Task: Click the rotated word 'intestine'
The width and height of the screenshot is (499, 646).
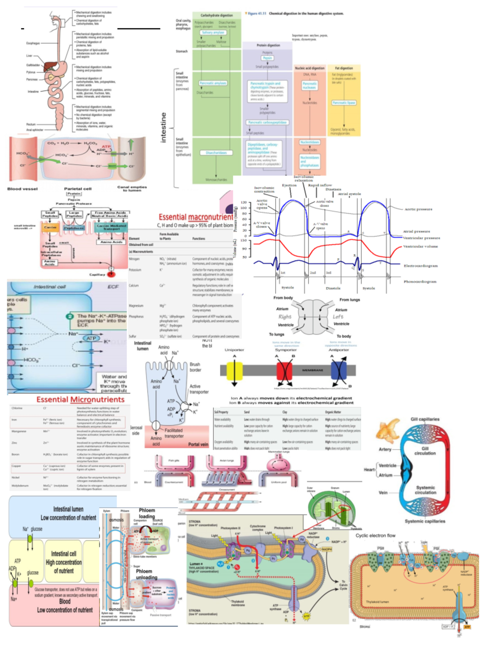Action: (x=163, y=127)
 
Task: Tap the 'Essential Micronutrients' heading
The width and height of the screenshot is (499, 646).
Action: (x=80, y=400)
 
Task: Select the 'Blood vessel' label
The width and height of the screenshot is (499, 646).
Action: (x=22, y=189)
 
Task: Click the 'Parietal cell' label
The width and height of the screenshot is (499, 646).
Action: (x=78, y=189)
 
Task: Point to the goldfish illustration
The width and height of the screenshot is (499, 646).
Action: (x=388, y=431)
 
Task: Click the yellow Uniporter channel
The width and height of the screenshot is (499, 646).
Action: (x=234, y=371)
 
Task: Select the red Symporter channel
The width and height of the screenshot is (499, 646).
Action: (x=284, y=371)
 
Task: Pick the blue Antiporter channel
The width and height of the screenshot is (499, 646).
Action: (x=338, y=370)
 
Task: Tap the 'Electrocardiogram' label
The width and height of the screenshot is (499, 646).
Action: (x=420, y=266)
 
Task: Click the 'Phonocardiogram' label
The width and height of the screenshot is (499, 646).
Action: (x=420, y=282)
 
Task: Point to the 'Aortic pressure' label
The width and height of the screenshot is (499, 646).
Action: (x=418, y=209)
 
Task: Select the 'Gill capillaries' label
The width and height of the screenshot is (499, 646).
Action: (x=425, y=419)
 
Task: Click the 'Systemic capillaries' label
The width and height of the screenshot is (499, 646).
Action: (x=425, y=521)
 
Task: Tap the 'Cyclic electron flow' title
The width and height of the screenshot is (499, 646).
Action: (x=375, y=536)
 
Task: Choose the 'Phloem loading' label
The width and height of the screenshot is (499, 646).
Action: (x=147, y=513)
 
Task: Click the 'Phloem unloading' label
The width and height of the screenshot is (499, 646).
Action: (x=146, y=574)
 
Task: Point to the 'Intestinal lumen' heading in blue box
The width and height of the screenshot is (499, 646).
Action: (x=68, y=509)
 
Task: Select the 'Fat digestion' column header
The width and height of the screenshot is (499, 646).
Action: (x=344, y=68)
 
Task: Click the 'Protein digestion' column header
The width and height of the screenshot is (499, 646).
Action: (x=268, y=45)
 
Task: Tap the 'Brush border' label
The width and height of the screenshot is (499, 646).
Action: (x=195, y=367)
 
